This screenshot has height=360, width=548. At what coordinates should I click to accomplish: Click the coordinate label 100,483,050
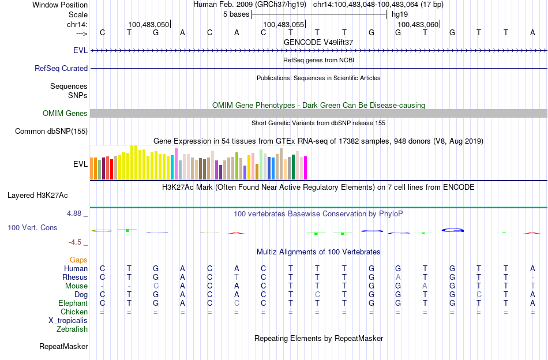tap(149, 24)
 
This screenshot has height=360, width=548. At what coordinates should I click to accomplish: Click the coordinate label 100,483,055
tap(283, 24)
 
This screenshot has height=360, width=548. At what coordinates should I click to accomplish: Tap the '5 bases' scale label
tap(236, 14)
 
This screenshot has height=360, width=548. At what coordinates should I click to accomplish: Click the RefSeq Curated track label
tap(61, 68)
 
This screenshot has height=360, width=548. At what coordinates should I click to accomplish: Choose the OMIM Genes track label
tap(65, 113)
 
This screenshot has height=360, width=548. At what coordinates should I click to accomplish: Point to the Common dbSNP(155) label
tap(51, 131)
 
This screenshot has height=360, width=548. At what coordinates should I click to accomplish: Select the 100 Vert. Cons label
tap(32, 228)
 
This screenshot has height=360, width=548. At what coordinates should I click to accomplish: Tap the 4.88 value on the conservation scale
tap(76, 213)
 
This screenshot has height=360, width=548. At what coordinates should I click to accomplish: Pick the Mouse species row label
tap(76, 286)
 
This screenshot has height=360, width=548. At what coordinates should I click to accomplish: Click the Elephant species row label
tap(73, 303)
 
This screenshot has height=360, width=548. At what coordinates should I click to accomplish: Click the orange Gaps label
tap(78, 260)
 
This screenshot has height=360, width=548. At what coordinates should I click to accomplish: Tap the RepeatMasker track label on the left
tap(63, 347)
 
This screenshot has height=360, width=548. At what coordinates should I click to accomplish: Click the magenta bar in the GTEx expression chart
tap(305, 168)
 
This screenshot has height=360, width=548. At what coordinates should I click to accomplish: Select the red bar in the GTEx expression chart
tap(111, 167)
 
